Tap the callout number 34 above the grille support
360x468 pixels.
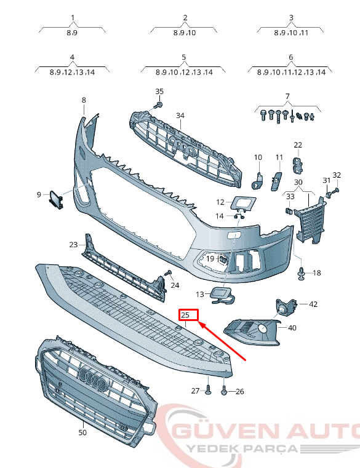pyautogui.click(x=180, y=116)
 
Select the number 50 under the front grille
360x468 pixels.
pyautogui.click(x=82, y=432)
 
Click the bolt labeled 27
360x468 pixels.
pyautogui.click(x=209, y=390)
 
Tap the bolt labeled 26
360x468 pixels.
pyautogui.click(x=224, y=390)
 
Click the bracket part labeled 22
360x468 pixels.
pyautogui.click(x=297, y=163)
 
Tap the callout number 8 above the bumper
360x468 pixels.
pyautogui.click(x=84, y=100)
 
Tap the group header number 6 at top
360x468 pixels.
pyautogui.click(x=290, y=57)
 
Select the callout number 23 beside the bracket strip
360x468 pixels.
pyautogui.click(x=74, y=245)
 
